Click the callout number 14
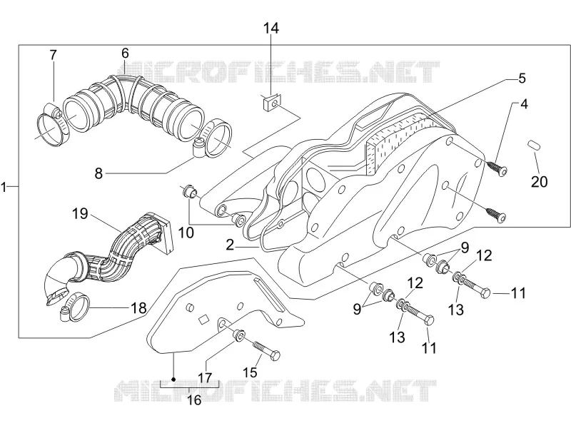(x=271, y=28)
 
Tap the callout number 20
(x=540, y=181)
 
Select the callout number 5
(x=522, y=78)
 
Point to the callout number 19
(x=80, y=213)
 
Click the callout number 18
(x=138, y=308)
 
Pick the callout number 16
(x=193, y=400)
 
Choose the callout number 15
(x=251, y=372)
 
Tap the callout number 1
(x=4, y=188)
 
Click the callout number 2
(x=230, y=245)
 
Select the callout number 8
(x=98, y=173)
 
